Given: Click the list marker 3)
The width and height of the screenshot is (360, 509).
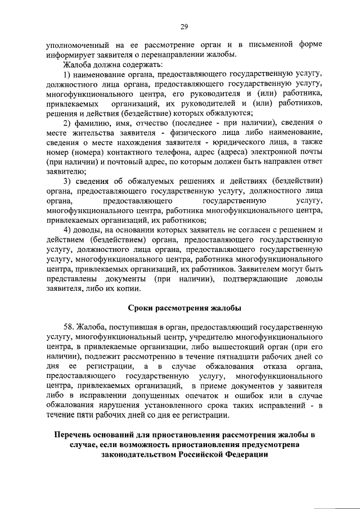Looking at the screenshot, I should point(67,181).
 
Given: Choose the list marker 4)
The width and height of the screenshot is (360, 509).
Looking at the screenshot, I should point(67,230).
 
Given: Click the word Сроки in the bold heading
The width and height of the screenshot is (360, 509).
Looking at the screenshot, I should point(142,308).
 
